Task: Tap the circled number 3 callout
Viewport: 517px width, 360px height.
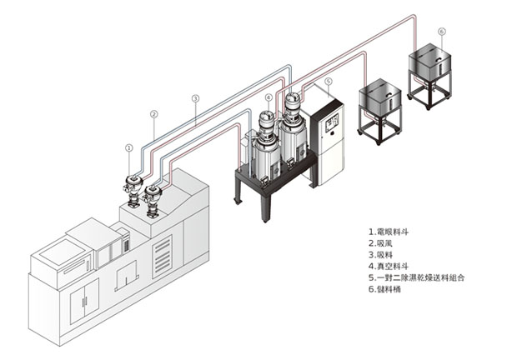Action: point(194,98)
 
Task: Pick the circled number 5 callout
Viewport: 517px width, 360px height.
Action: point(329,82)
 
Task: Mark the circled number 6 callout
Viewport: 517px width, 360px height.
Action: point(441,31)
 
